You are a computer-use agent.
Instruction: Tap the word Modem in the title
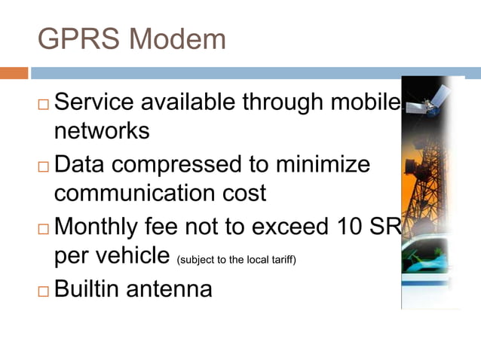pos(177,38)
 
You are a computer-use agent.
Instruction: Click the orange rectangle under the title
pos(14,73)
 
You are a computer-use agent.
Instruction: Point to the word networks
pos(102,131)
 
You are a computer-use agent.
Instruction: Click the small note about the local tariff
pos(236,261)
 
